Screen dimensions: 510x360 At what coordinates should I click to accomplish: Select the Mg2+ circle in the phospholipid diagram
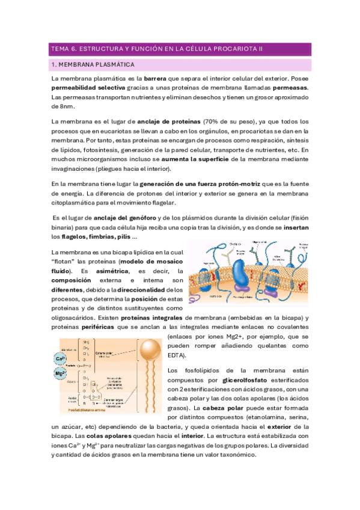click(60, 373)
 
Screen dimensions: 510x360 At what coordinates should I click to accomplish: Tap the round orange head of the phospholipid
click(146, 348)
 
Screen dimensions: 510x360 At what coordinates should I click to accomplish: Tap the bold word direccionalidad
click(139, 290)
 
